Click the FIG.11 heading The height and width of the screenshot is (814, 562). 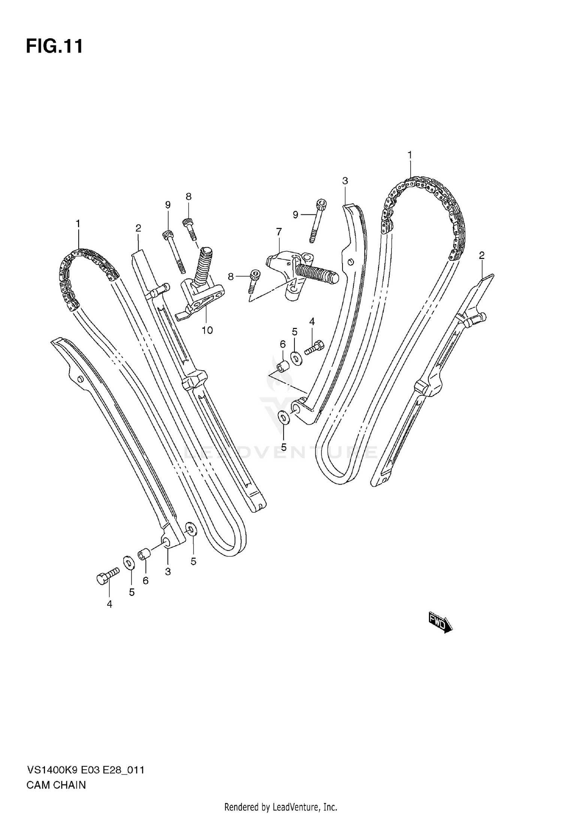54,47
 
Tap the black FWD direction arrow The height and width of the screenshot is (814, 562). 440,625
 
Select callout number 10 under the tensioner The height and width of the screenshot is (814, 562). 207,330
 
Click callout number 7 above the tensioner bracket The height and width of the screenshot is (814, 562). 279,232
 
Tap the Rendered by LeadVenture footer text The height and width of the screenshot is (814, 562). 281,807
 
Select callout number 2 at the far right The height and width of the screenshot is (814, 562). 481,256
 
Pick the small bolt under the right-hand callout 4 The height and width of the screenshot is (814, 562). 314,347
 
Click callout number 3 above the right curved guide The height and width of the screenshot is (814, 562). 345,181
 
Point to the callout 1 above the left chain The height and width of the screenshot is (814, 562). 78,224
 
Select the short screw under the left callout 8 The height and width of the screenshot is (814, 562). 190,229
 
